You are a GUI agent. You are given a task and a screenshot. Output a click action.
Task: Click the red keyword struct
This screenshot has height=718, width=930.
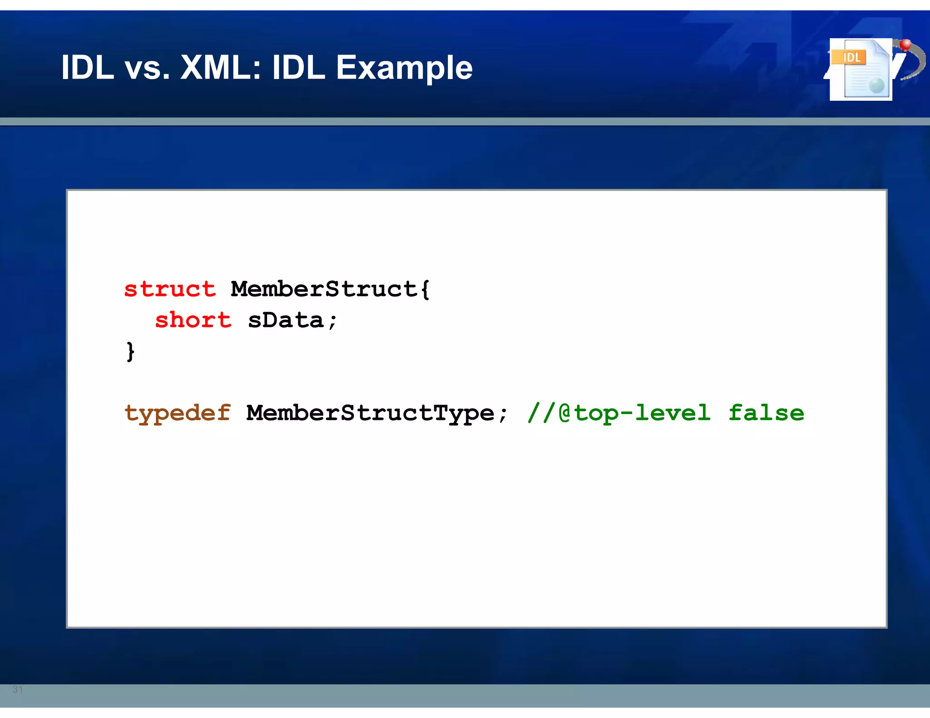170,289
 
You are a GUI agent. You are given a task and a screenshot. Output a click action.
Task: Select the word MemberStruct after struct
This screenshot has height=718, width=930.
324,289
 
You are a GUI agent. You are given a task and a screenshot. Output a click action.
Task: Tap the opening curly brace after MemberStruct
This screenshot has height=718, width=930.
425,289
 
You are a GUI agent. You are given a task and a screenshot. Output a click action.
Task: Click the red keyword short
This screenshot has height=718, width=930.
193,320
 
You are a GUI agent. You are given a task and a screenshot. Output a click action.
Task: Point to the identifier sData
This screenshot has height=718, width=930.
286,320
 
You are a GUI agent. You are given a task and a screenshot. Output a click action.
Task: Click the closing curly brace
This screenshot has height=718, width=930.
130,351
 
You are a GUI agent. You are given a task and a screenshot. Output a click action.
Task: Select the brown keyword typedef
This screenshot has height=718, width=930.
178,413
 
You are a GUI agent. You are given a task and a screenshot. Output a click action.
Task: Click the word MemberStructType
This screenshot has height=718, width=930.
370,413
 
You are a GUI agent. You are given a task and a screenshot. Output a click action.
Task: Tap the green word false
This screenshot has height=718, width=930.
766,413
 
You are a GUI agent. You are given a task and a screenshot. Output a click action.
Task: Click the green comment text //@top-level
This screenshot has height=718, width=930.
619,413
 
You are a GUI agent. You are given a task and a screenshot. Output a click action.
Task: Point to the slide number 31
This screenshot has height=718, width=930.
18,689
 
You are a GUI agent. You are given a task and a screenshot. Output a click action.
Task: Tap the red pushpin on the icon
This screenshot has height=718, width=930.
905,44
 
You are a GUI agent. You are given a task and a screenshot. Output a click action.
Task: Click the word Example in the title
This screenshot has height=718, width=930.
404,68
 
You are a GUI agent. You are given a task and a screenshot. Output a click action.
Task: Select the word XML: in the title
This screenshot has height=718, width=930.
221,68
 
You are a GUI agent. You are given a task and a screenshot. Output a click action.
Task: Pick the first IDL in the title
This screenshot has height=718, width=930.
88,68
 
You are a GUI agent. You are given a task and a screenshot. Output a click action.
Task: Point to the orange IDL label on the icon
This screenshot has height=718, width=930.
851,57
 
